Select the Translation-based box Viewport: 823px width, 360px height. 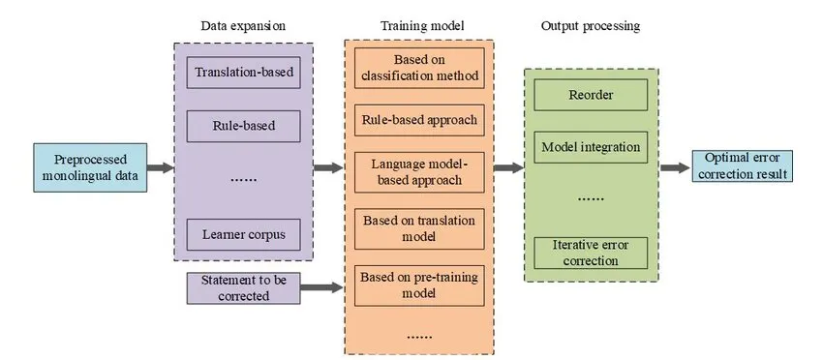coord(243,73)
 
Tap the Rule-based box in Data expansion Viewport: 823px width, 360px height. coord(243,126)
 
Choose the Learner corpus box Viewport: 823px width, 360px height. coord(243,233)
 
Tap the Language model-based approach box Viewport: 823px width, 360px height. coord(419,170)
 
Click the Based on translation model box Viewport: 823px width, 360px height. coord(419,228)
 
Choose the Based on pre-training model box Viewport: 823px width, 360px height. coord(419,285)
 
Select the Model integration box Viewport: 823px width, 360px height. coord(591,148)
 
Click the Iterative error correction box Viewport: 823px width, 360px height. coord(591,253)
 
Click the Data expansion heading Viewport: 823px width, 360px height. coord(243,25)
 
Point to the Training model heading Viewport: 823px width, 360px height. coord(418,25)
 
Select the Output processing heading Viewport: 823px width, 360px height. coord(590,25)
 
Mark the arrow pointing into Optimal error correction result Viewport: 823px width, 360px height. coord(675,167)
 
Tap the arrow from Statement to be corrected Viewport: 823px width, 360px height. coord(321,287)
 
